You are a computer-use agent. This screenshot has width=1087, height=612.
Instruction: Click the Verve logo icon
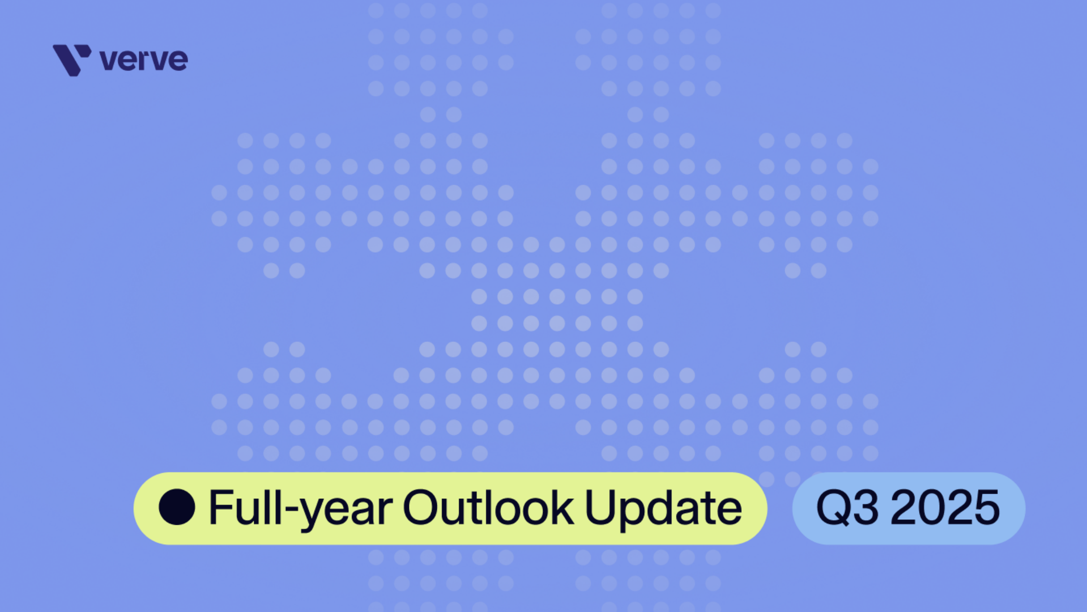71,60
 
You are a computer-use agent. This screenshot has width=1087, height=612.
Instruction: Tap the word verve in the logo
144,60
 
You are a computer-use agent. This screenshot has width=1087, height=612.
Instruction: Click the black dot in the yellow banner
177,507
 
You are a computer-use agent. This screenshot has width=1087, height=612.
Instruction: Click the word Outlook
488,507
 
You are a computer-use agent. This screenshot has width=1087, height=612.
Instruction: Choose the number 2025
945,507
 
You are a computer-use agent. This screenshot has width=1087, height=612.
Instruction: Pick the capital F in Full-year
222,507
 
